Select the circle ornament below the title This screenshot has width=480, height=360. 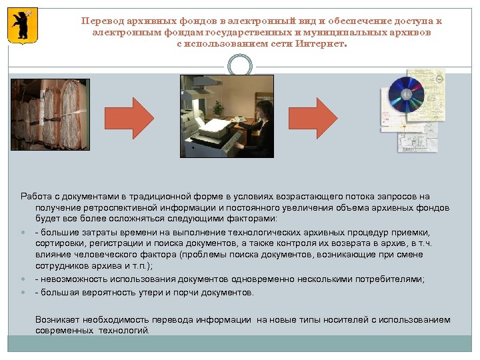click(239, 65)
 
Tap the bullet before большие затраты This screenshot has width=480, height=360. click(23, 232)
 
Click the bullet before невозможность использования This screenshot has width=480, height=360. click(23, 279)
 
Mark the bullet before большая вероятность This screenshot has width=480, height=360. click(23, 292)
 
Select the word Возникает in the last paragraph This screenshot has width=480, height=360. click(59, 319)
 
